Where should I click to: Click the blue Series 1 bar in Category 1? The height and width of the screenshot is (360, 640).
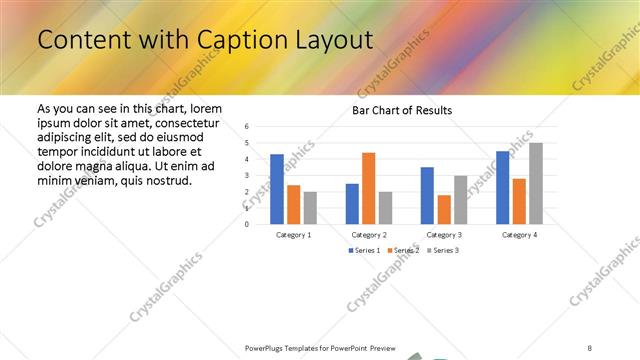[276, 189]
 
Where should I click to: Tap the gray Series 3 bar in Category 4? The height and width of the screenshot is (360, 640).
[536, 183]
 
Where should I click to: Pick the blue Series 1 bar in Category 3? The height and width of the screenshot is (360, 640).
[427, 195]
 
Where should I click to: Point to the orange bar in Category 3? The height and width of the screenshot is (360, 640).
[444, 209]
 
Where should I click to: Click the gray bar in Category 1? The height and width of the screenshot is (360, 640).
[310, 207]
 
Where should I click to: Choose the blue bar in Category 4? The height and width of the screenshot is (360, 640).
[502, 187]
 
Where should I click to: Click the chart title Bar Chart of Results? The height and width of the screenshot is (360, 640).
[402, 110]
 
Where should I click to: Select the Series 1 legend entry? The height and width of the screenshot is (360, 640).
[364, 250]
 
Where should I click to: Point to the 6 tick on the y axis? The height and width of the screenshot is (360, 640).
[247, 127]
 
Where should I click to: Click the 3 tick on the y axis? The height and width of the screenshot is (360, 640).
[247, 175]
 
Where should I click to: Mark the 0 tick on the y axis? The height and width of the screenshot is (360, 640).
[247, 224]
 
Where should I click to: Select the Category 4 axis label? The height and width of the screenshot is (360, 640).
[518, 234]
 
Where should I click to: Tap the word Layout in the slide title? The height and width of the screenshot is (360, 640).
[324, 41]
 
